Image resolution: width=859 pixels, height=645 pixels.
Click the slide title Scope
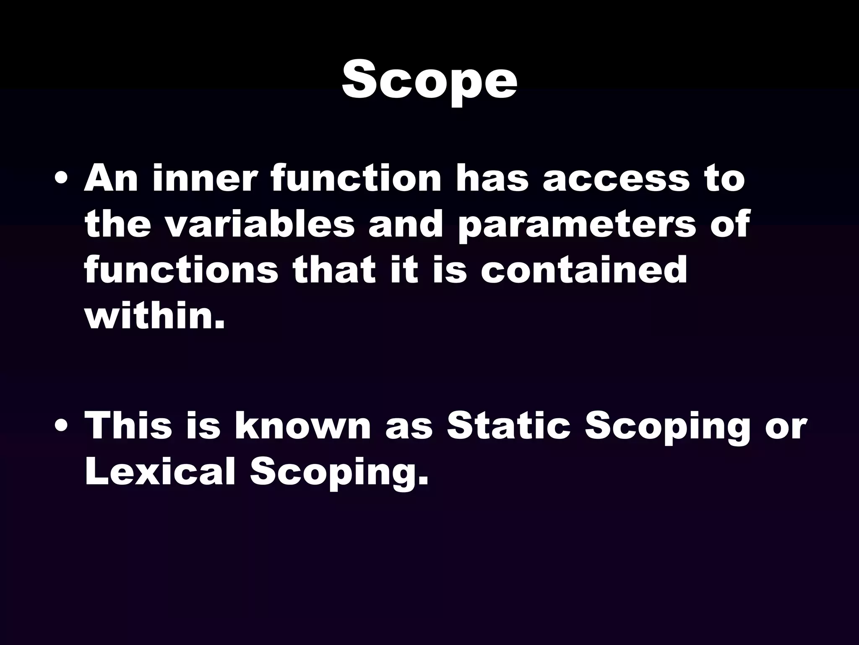pyautogui.click(x=429, y=80)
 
